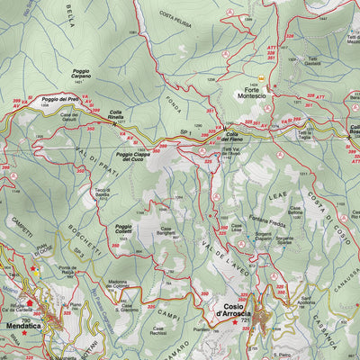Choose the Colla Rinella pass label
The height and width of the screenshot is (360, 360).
coord(123,115)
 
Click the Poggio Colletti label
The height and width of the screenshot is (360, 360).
coord(123,229)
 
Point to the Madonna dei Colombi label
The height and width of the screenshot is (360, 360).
coord(125,284)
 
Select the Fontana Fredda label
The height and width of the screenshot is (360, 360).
coord(270,224)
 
